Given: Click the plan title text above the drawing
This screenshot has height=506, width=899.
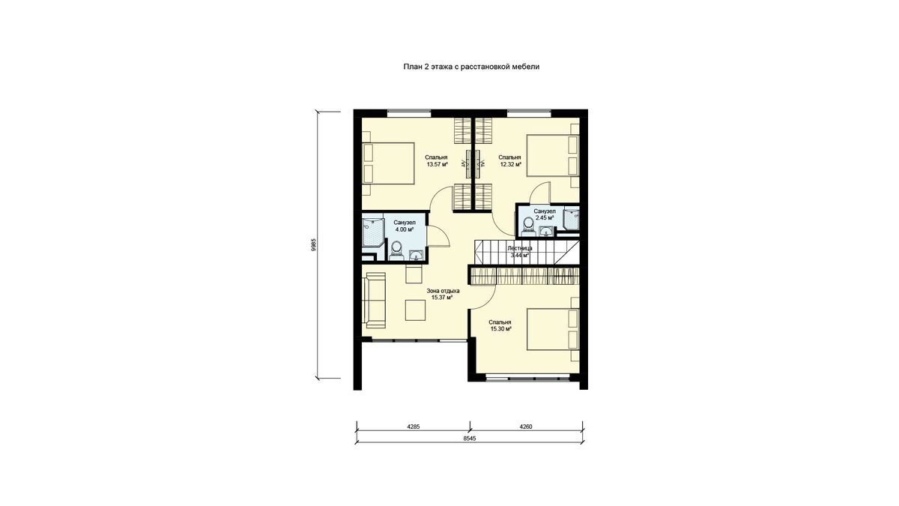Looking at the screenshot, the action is (471, 67).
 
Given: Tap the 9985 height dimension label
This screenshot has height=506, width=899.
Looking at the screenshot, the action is (314, 244).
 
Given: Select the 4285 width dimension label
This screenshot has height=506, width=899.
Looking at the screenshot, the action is (413, 427).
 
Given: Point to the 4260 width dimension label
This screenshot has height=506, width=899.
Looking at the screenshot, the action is (525, 427).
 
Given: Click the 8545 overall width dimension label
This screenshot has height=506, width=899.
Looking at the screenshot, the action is (469, 439).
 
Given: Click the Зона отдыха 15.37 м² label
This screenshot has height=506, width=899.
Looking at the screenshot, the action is (443, 294).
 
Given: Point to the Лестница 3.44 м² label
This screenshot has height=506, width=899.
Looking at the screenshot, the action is (520, 252).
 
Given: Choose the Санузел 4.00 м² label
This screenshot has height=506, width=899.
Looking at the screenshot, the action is (404, 226).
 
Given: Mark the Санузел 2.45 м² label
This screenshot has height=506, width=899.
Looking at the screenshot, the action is (544, 214).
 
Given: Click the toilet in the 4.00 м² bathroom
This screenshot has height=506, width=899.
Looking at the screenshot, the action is (396, 250).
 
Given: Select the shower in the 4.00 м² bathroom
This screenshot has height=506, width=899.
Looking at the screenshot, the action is (373, 232).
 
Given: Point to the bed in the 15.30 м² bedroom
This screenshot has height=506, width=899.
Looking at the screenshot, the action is (553, 329).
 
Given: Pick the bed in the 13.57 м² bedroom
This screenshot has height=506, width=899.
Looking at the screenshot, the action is (389, 163).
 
